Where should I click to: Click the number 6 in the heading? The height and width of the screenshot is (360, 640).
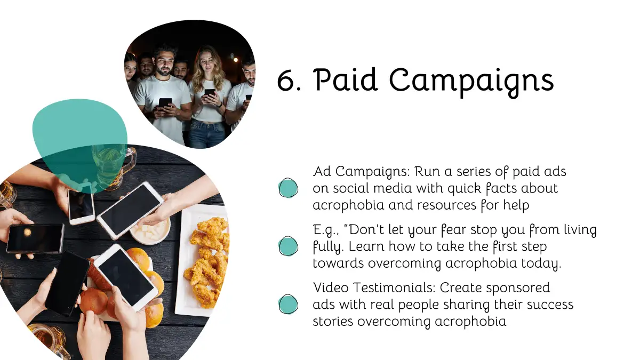point(286,81)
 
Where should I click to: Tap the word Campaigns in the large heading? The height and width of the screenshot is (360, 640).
point(471,83)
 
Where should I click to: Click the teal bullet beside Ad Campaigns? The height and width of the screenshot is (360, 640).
point(288,188)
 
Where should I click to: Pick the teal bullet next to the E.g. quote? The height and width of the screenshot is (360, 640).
point(288,246)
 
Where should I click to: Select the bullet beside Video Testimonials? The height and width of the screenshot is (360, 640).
point(288,305)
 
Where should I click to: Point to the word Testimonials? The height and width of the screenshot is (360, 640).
point(394,287)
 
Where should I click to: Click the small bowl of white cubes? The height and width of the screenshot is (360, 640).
point(150,229)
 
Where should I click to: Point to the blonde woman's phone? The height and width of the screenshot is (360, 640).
point(210,93)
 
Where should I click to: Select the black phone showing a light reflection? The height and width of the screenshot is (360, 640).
point(35,239)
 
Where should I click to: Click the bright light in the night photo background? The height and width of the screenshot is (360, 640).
point(236,60)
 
